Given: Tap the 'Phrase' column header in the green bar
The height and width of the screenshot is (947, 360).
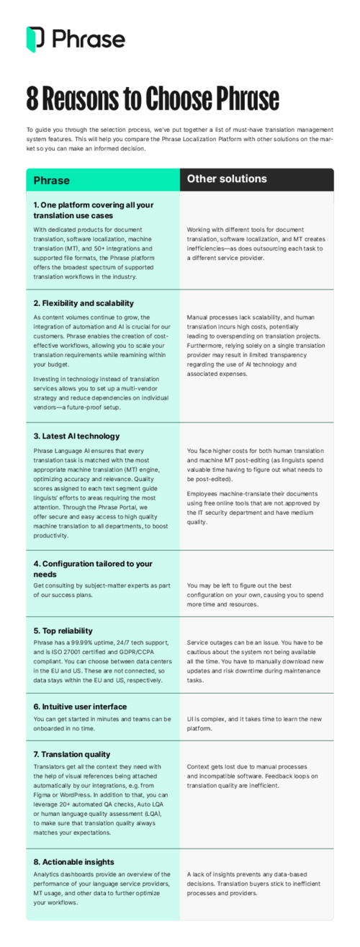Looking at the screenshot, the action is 52,179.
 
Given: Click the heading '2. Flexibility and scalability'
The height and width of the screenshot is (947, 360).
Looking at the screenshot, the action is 84,303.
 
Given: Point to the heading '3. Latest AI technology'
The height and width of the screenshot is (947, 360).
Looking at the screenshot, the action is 76,436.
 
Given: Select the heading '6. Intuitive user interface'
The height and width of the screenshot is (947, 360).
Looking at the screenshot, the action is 80,707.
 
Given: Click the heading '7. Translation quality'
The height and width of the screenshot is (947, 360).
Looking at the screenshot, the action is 72,754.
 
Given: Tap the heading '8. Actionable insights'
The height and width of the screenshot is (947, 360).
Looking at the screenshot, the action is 73,861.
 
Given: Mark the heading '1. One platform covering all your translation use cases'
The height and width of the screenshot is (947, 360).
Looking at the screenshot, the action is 94,210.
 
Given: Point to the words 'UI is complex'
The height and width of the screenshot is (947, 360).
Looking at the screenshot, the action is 204,719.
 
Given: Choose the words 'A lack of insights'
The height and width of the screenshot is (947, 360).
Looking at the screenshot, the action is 214,874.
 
